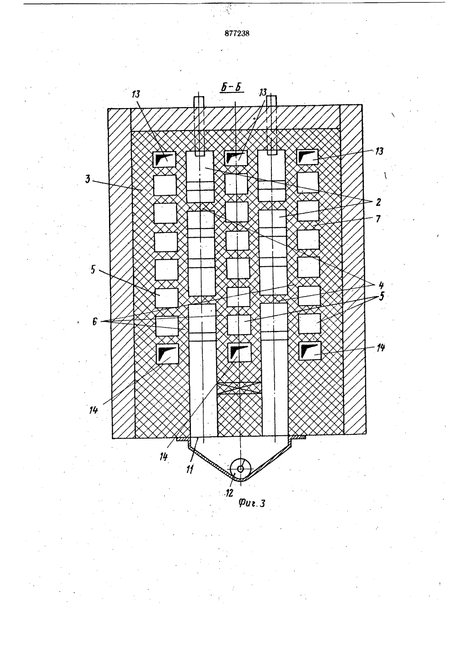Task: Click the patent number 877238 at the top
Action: (237, 34)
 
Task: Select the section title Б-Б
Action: (232, 88)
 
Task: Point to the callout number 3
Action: (88, 179)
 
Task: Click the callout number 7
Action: (378, 218)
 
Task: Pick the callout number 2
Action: (378, 202)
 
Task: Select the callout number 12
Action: (230, 492)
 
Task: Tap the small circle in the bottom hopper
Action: (241, 468)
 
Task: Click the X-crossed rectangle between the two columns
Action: (239, 388)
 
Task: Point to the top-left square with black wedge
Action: (164, 160)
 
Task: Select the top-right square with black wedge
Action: (307, 157)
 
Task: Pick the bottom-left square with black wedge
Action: (167, 354)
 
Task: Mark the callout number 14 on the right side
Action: (381, 348)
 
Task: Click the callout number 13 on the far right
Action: (379, 151)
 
